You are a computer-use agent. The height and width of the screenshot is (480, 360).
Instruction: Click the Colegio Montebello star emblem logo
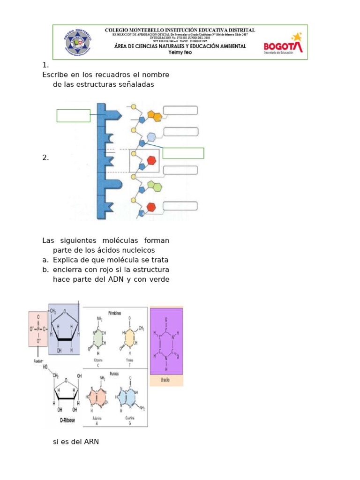[78, 42]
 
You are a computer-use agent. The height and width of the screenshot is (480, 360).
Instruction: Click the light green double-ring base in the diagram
[154, 187]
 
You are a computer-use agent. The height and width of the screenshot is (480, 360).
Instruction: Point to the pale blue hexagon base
[151, 137]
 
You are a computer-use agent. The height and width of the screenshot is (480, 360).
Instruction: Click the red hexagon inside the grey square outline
[151, 160]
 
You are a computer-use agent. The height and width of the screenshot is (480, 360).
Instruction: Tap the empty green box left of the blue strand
[73, 115]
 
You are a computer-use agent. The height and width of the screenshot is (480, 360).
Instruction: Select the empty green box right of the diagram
[183, 153]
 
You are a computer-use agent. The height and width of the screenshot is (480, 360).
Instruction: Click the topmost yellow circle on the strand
[134, 107]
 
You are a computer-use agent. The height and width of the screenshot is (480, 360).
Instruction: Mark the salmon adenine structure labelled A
[97, 397]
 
